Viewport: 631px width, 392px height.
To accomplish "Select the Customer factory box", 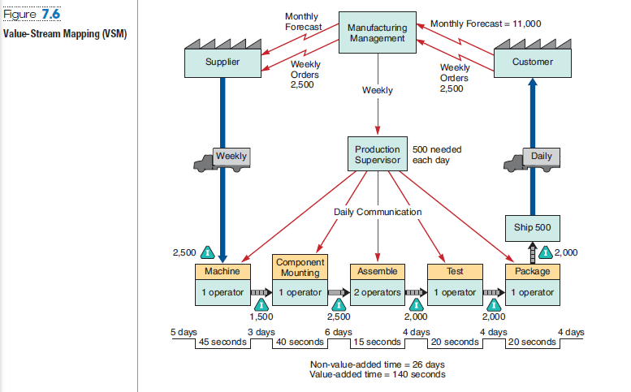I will click(533, 62).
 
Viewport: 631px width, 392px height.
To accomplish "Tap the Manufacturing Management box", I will click(377, 33).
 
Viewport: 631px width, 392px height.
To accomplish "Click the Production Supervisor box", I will click(377, 154).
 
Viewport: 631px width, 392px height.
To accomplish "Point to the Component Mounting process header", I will click(300, 267).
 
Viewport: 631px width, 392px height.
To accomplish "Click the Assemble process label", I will click(377, 270).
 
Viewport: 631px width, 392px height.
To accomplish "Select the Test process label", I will click(455, 270).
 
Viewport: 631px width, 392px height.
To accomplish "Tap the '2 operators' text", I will click(377, 292).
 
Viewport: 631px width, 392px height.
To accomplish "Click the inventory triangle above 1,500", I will click(261, 304).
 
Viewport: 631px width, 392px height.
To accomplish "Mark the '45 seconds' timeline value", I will click(223, 342).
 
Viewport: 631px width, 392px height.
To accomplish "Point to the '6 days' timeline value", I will click(338, 332).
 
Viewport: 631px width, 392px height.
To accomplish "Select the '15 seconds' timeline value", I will click(377, 342).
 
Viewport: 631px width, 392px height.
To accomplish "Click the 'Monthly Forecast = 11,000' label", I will click(485, 24).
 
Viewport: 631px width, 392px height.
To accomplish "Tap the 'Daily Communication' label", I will click(378, 212).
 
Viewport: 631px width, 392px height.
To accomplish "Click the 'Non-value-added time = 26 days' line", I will click(378, 364).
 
